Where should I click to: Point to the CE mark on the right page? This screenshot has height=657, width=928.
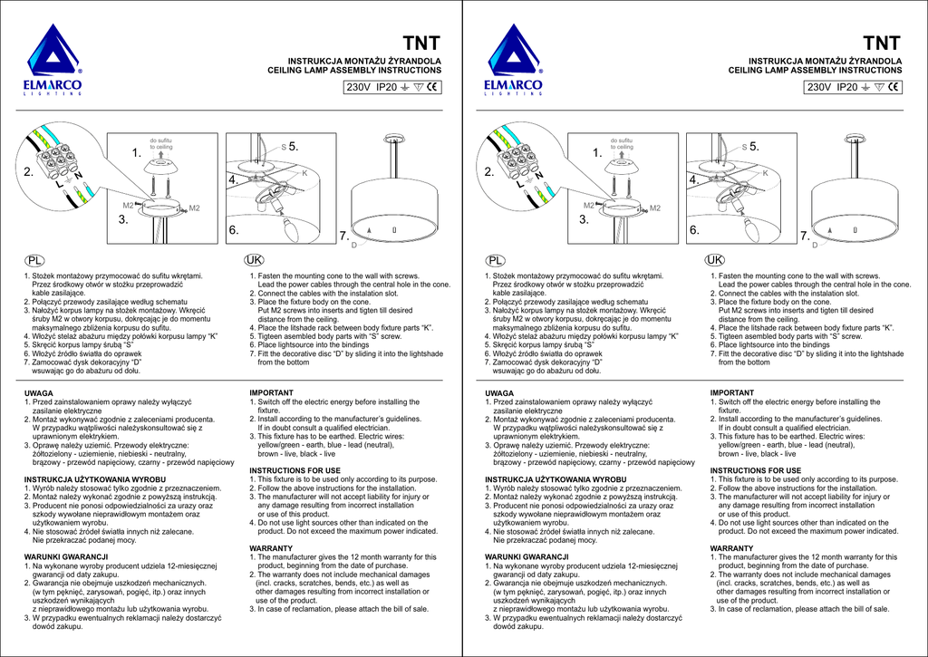[x=894, y=88]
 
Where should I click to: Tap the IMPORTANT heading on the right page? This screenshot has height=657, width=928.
[x=732, y=392]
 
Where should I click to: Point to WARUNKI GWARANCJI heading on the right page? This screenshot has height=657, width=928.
[x=527, y=556]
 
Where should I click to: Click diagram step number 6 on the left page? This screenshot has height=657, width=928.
[x=232, y=230]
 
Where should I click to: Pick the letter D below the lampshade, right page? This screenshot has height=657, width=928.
[x=815, y=245]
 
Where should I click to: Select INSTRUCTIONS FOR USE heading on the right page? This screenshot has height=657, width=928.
[x=755, y=470]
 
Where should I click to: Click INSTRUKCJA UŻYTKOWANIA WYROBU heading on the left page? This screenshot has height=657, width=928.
[x=94, y=478]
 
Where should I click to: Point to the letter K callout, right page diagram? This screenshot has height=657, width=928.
[x=766, y=173]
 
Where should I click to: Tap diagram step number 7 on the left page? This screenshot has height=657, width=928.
[x=343, y=236]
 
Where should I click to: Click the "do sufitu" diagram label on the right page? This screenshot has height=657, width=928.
[x=621, y=140]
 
